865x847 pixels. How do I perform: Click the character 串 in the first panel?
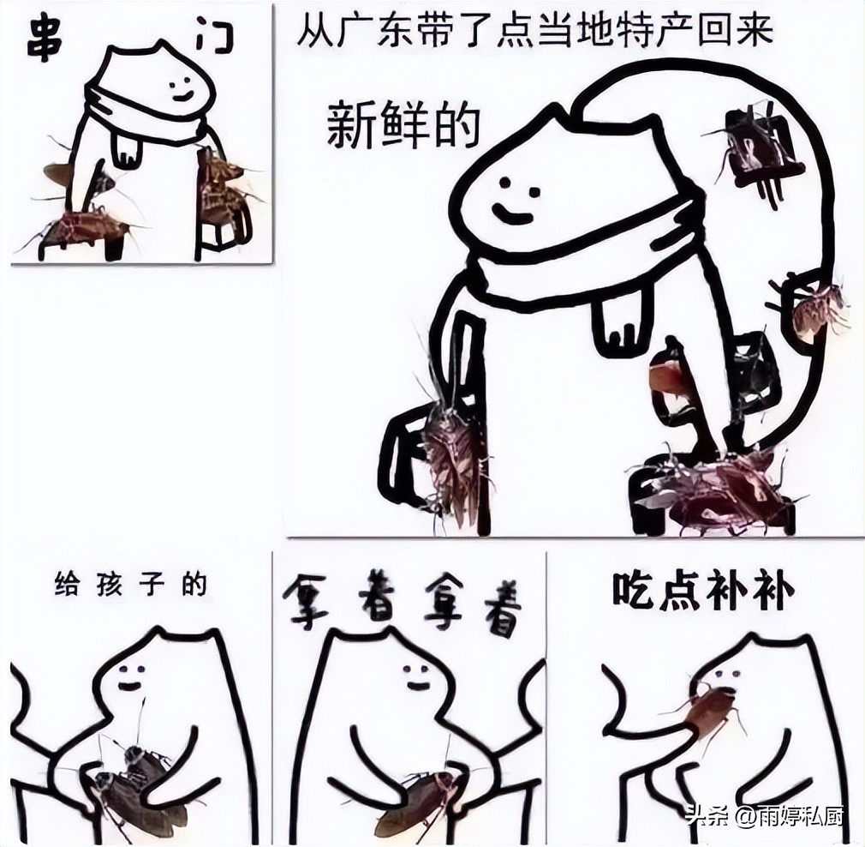point(41,39)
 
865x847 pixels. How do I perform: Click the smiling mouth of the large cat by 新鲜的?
point(512,214)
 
